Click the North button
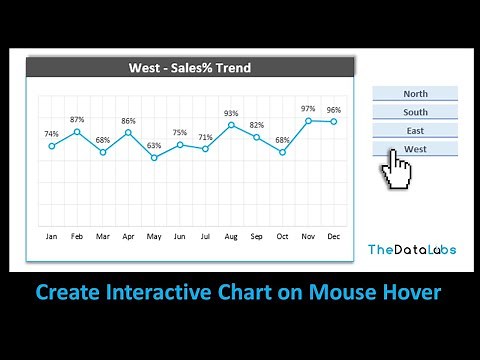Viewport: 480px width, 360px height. tap(415, 94)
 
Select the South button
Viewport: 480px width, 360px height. tap(415, 112)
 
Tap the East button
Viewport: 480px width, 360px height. tap(415, 130)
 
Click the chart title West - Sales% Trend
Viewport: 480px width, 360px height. tap(190, 68)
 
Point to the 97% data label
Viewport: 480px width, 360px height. tap(308, 108)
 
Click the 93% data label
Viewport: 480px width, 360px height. tap(231, 113)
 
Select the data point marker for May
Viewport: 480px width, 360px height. tap(154, 157)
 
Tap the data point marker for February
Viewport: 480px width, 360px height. tap(77, 131)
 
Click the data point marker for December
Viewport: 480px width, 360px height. tap(334, 121)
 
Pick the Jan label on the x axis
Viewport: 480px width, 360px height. tap(51, 237)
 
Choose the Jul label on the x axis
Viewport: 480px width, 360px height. tap(205, 237)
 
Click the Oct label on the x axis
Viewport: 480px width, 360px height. tap(282, 237)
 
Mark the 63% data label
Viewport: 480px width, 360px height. tap(154, 145)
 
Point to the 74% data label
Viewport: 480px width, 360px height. tap(51, 134)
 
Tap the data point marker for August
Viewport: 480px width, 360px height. tap(231, 125)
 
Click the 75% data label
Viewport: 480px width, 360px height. tap(180, 132)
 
